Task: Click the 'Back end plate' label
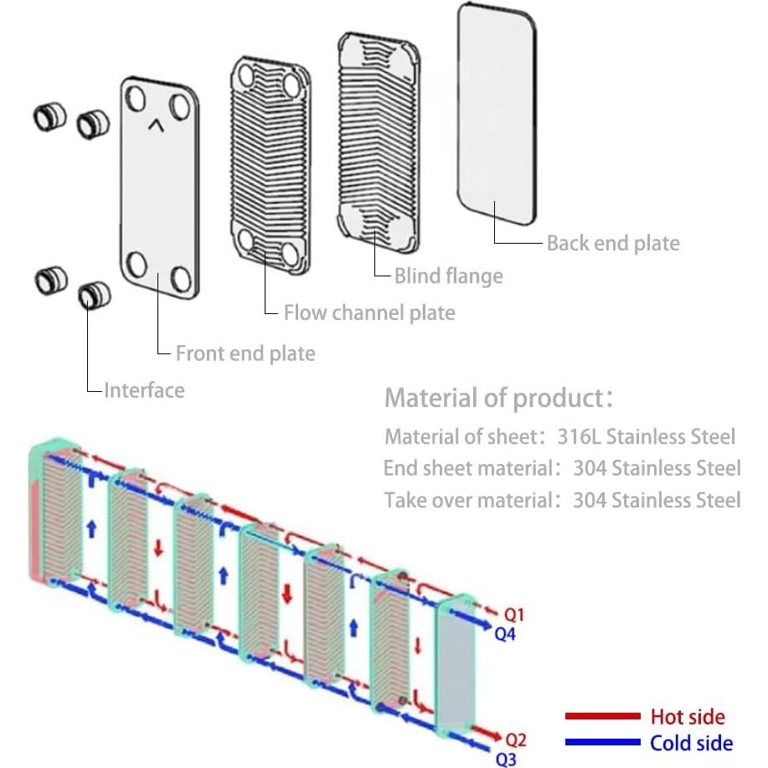pyautogui.click(x=613, y=243)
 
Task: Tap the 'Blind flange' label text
pyautogui.click(x=448, y=276)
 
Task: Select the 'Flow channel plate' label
pyautogui.click(x=369, y=313)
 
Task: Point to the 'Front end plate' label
pyautogui.click(x=245, y=353)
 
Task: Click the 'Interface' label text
pyautogui.click(x=144, y=390)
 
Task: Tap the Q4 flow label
pyautogui.click(x=505, y=634)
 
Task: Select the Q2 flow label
pyautogui.click(x=517, y=740)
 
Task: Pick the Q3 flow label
pyautogui.click(x=507, y=759)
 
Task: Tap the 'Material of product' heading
pyautogui.click(x=499, y=398)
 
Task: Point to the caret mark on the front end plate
pyautogui.click(x=156, y=126)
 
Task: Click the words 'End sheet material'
pyautogui.click(x=467, y=468)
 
